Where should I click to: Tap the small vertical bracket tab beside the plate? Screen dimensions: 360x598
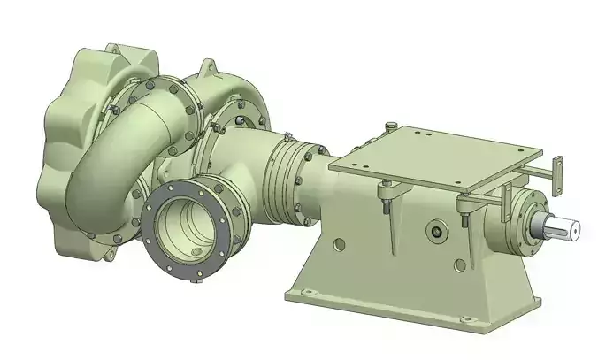(x=556, y=172)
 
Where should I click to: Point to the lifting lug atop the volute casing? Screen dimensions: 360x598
(x=209, y=67)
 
